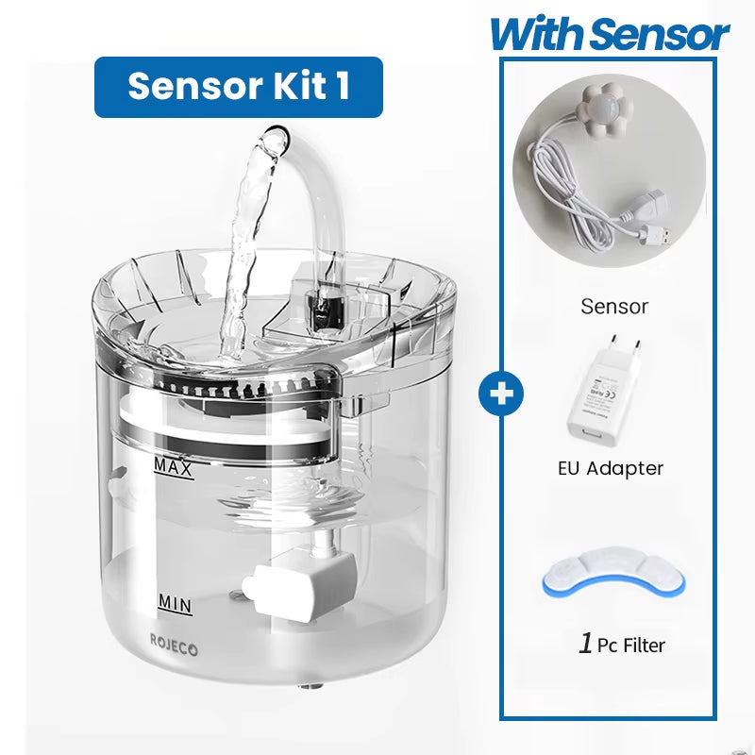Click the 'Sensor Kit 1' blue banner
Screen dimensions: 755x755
point(238,87)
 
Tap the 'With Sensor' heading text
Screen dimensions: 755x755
point(609,35)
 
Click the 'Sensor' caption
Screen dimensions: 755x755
point(614,306)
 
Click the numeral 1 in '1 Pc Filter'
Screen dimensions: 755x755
point(586,645)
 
